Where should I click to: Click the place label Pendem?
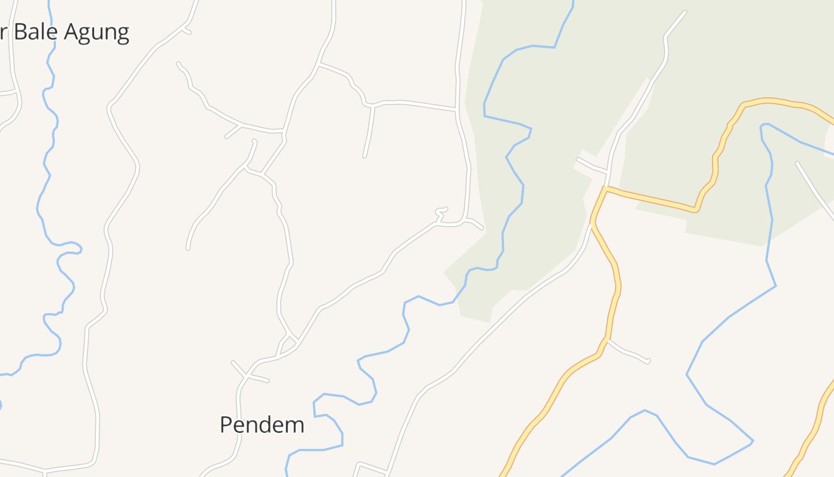click(x=262, y=425)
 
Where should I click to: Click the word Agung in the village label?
click(x=97, y=32)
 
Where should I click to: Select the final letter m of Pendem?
click(x=295, y=425)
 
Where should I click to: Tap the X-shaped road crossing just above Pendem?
click(x=246, y=375)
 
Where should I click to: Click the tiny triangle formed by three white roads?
click(x=289, y=343)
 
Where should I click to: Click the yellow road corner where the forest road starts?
click(x=605, y=188)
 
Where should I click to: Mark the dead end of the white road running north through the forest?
click(x=684, y=13)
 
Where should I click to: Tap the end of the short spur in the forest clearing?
click(x=578, y=159)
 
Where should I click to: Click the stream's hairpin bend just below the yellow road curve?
click(x=763, y=126)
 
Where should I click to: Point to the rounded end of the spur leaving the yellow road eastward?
click(x=648, y=361)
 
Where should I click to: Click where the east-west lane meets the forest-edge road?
click(x=456, y=110)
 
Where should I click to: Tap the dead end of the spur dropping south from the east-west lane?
click(x=365, y=156)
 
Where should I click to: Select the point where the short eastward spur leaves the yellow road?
click(x=606, y=340)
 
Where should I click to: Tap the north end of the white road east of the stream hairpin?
click(x=798, y=163)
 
